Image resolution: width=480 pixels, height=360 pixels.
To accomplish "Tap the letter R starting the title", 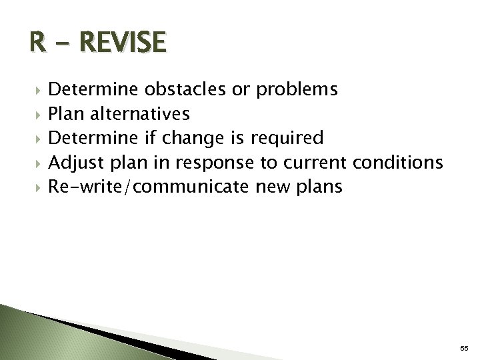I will point(38,43).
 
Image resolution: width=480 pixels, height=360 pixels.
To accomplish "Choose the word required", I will point(287,139).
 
